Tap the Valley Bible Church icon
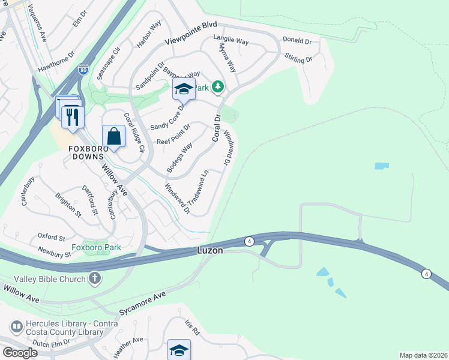tap(95, 278)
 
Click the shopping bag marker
tap(113, 136)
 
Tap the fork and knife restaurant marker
tap(73, 116)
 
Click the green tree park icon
tap(217, 87)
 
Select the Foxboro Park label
tap(96, 247)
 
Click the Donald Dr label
tap(297, 41)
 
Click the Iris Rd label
tap(191, 327)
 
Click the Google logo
tap(20, 353)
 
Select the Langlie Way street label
tap(231, 41)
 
